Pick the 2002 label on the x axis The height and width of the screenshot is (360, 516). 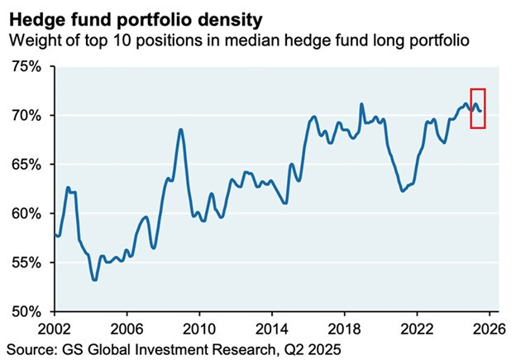(55, 327)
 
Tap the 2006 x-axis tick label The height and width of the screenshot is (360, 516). (127, 327)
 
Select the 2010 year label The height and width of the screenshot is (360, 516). (198, 327)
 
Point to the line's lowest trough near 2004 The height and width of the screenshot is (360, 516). (95, 280)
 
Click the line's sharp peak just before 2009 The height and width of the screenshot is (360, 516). (181, 130)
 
